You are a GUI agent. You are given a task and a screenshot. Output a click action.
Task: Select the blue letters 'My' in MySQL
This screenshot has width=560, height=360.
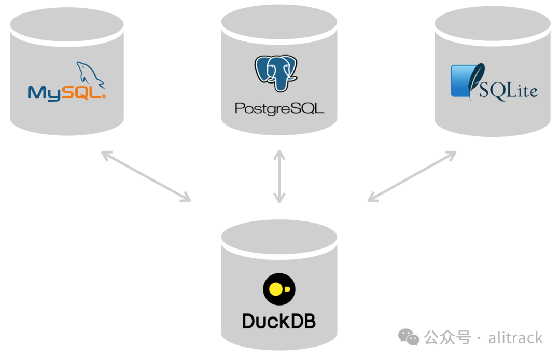[x=44, y=93]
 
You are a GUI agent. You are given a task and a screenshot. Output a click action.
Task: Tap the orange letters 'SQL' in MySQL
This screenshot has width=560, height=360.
[x=82, y=92]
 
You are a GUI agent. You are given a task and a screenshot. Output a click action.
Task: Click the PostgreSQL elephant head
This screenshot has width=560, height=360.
[x=276, y=73]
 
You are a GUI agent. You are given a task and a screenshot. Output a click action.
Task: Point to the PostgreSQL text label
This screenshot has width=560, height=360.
[x=279, y=108]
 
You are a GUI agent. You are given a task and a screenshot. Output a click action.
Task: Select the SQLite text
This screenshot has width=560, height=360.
[x=508, y=90]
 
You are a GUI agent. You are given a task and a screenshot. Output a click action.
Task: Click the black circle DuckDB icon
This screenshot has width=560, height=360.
[x=279, y=289]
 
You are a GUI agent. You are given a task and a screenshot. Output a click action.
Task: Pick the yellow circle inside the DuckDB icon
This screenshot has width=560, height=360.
[x=276, y=289]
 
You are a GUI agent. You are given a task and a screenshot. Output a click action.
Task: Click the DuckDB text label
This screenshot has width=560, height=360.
[x=279, y=321]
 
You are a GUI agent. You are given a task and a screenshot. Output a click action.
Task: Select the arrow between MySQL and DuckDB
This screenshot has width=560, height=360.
[x=146, y=176]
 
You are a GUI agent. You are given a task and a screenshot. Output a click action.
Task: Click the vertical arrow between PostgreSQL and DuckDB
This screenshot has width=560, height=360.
[x=279, y=176]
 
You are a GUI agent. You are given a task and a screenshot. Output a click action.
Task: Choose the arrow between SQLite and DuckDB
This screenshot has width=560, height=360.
[x=412, y=176]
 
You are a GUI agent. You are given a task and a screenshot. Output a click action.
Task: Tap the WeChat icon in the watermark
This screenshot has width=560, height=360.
[x=409, y=337]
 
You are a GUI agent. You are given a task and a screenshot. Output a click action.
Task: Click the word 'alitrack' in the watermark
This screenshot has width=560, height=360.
[x=515, y=338]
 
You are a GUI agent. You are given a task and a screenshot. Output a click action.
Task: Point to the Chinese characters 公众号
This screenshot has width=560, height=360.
[x=447, y=338]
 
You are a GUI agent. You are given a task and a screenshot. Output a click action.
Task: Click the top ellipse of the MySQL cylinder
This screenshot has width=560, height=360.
[x=67, y=25]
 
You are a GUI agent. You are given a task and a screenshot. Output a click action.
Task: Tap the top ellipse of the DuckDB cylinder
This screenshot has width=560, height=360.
[x=279, y=237]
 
